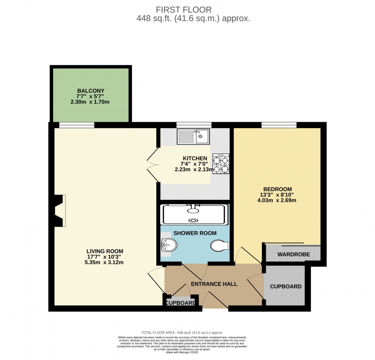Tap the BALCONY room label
(x=91, y=91)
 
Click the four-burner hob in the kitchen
(x=221, y=164)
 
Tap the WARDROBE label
(x=293, y=254)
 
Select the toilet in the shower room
(x=220, y=246)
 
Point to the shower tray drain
(x=193, y=220)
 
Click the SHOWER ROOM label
(x=195, y=233)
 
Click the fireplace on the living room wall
(x=59, y=211)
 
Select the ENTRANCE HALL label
(x=214, y=284)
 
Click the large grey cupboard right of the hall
(x=285, y=286)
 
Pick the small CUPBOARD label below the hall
(x=181, y=303)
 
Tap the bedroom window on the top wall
(x=279, y=125)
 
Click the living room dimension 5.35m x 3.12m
(x=104, y=262)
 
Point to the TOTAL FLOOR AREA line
(x=182, y=332)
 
